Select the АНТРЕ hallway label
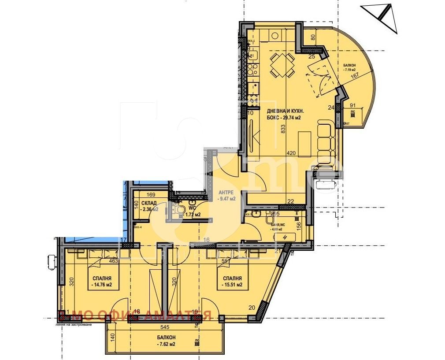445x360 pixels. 227,195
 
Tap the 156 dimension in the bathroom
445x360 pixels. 298,225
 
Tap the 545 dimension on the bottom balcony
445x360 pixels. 164,328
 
